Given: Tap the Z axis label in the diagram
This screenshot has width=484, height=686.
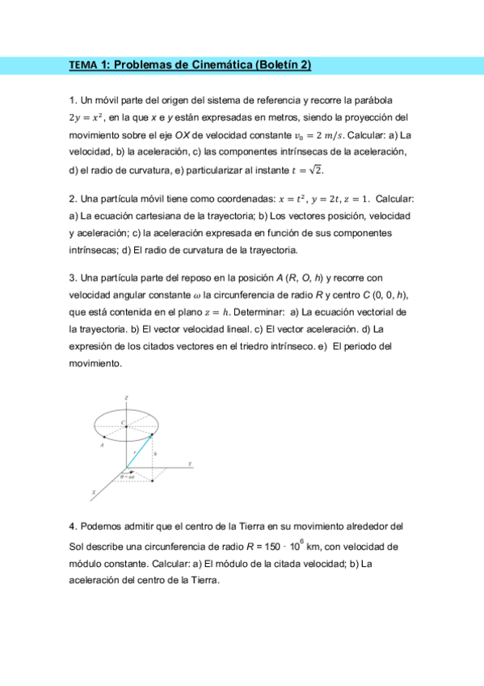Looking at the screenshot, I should pyautogui.click(x=126, y=399).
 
